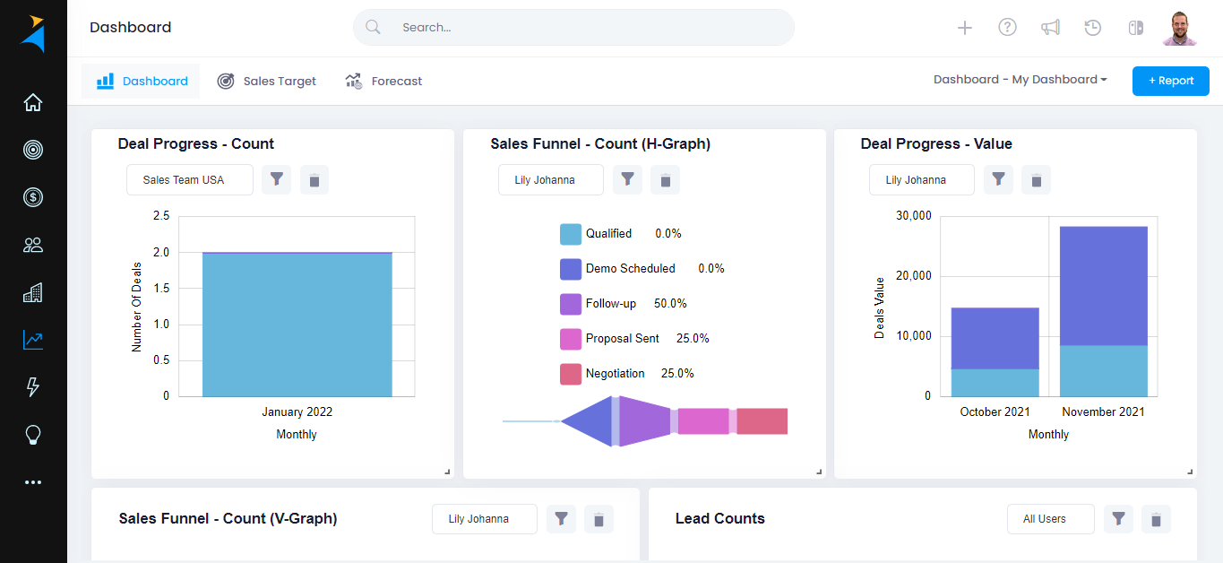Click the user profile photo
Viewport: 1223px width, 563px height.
[1180, 28]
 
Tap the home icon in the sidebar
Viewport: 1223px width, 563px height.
[33, 102]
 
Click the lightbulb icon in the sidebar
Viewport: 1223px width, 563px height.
[33, 435]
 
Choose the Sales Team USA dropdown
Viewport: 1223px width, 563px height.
[189, 179]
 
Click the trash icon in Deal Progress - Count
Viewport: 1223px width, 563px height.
[314, 180]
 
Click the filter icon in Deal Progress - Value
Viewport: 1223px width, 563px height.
[998, 179]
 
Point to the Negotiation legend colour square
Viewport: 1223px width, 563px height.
[571, 374]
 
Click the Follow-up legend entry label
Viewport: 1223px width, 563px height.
[611, 304]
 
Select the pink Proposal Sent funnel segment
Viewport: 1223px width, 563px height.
[703, 421]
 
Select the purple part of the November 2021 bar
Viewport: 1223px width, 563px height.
[1103, 285]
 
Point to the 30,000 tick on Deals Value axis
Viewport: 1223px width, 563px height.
[914, 216]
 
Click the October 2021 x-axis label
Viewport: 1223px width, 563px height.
[995, 411]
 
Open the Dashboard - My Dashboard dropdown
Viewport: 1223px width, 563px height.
[1020, 80]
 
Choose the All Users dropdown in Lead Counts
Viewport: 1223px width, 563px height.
[1049, 519]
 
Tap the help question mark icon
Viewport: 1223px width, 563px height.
[1007, 28]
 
